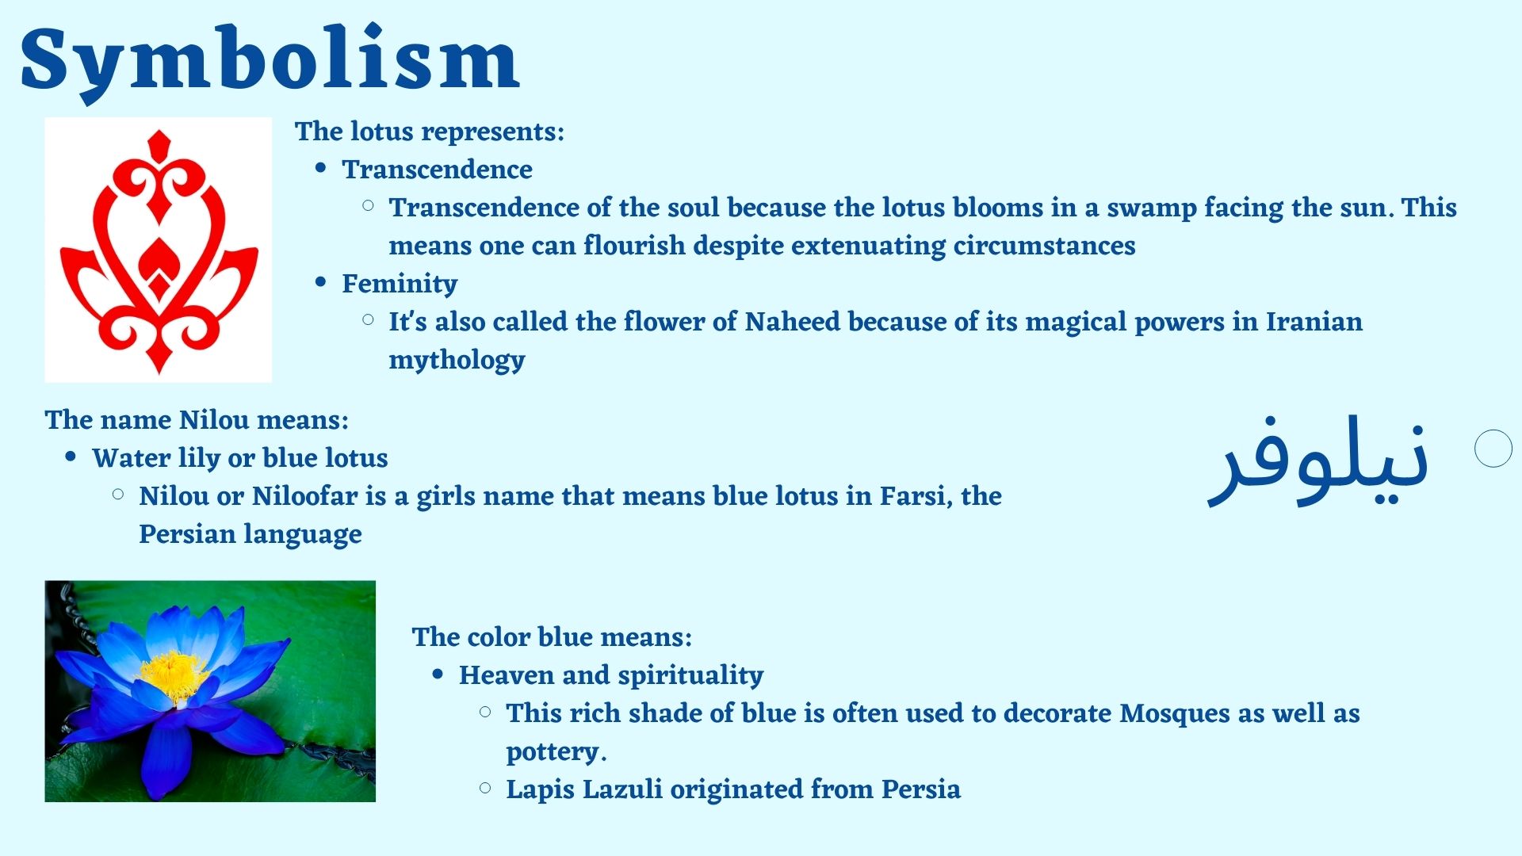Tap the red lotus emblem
point(159,251)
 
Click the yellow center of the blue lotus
point(174,674)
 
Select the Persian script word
point(1317,460)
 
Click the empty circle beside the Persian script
point(1493,449)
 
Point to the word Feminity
point(400,284)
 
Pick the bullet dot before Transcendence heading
point(321,168)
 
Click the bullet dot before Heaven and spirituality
point(438,674)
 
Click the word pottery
point(556,752)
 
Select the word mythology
point(457,361)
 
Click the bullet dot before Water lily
point(71,457)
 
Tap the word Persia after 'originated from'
point(921,789)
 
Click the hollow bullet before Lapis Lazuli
point(486,788)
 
